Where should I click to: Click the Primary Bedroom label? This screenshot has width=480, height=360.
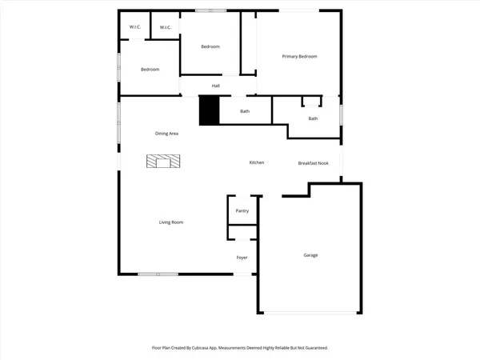click(x=300, y=56)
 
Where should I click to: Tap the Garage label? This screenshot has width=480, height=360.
click(x=310, y=255)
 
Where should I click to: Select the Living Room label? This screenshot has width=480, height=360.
click(x=171, y=222)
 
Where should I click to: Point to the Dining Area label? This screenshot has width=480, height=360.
click(x=166, y=133)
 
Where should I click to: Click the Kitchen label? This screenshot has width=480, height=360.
click(x=257, y=162)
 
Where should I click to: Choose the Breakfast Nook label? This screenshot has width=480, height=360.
click(x=314, y=162)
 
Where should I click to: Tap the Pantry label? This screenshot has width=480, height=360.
click(x=242, y=210)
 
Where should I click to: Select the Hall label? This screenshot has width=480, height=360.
click(x=216, y=86)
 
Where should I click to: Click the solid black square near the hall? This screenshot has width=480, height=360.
click(x=209, y=110)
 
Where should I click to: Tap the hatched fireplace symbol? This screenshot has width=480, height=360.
click(x=163, y=162)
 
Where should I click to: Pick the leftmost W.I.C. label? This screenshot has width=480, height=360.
click(x=135, y=28)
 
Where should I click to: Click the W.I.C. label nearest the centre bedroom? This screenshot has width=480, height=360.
click(x=166, y=28)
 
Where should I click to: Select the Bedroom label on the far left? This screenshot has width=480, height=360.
click(x=150, y=70)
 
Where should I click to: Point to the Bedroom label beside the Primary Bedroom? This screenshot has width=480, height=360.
click(x=210, y=46)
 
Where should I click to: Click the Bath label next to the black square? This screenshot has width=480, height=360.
click(x=245, y=111)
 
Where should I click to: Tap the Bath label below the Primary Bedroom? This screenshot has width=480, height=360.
click(x=313, y=118)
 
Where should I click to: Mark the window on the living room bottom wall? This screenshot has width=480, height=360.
click(x=158, y=274)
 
